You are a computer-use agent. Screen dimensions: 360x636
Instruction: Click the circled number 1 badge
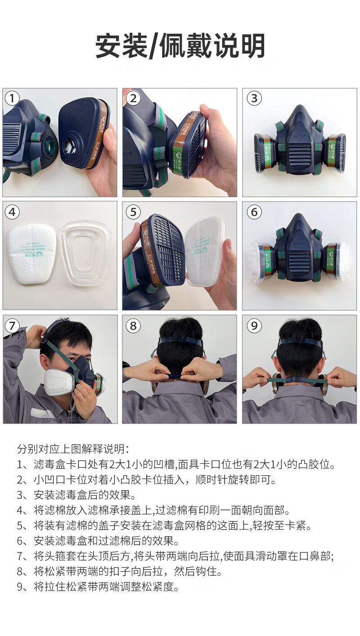(x=12, y=99)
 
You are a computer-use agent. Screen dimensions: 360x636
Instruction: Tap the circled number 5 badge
(x=133, y=212)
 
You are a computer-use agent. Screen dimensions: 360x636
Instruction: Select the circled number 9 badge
(x=254, y=326)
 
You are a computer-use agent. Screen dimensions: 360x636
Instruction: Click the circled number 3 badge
(x=254, y=99)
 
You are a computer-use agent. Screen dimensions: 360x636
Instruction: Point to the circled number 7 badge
(x=12, y=326)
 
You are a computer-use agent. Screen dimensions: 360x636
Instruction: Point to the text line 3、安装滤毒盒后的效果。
(x=76, y=495)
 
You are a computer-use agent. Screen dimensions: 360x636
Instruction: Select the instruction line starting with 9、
(x=98, y=587)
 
